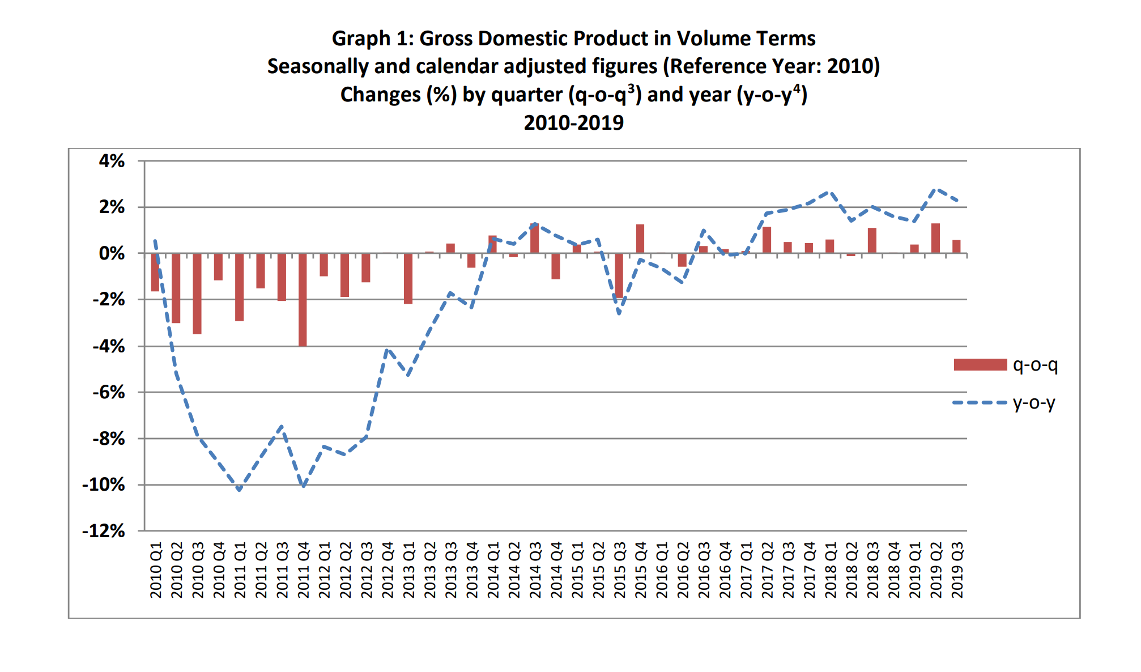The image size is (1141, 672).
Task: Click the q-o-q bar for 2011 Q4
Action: (303, 300)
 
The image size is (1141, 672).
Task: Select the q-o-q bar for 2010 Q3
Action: (197, 294)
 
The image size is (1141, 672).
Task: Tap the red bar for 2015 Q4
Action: (640, 239)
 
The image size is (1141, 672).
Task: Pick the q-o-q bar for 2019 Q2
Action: (935, 239)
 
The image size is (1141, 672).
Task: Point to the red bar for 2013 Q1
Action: (408, 279)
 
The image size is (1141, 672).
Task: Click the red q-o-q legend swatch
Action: (980, 365)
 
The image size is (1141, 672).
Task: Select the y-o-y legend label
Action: (1034, 403)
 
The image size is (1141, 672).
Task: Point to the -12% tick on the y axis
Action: (104, 531)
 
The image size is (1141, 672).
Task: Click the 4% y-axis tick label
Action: (112, 161)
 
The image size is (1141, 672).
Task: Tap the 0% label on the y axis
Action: (112, 253)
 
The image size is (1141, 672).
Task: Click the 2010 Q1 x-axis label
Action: (156, 569)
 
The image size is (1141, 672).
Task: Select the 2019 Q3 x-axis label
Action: (957, 569)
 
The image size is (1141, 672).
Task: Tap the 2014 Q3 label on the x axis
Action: (535, 569)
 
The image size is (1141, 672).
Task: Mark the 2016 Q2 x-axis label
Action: (683, 569)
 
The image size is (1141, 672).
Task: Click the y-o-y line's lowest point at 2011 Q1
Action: (240, 490)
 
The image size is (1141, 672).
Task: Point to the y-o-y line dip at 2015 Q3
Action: (619, 313)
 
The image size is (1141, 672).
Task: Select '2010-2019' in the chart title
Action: (573, 122)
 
